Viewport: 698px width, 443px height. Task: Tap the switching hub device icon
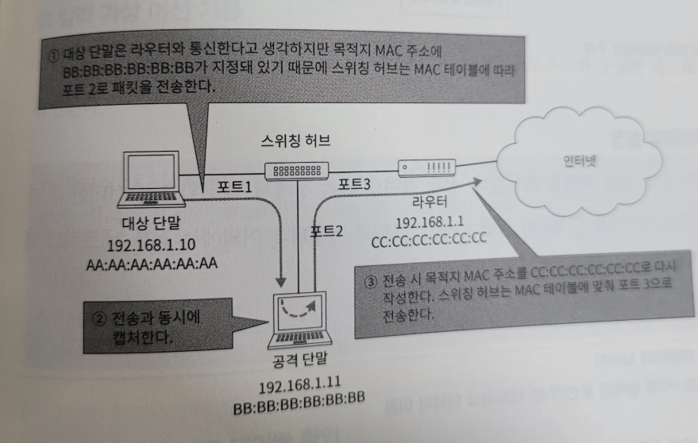[x=298, y=169]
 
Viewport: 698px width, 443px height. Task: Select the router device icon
[x=426, y=168]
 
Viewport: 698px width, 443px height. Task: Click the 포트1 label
[x=235, y=188]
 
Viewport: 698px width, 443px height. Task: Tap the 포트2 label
[x=326, y=232]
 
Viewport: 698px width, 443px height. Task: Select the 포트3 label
[x=354, y=184]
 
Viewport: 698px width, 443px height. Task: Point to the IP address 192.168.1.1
[x=429, y=221]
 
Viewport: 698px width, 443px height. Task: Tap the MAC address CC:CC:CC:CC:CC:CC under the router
[x=430, y=238]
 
